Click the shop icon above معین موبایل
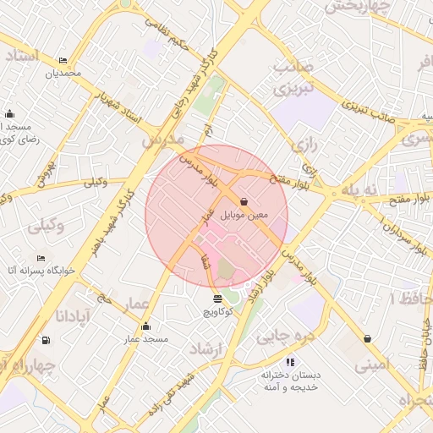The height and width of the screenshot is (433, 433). click(x=244, y=202)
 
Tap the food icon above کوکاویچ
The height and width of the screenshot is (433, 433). click(x=217, y=299)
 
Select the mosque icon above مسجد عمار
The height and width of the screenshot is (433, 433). click(x=145, y=326)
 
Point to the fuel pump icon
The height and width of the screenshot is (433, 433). click(x=45, y=341)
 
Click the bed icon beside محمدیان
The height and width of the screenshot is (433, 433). click(x=63, y=60)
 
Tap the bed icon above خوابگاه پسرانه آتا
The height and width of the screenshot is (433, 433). click(x=41, y=258)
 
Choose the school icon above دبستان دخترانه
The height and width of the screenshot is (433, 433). click(x=291, y=362)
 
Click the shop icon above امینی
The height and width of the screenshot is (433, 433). click(x=367, y=338)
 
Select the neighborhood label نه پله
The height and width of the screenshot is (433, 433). click(x=359, y=189)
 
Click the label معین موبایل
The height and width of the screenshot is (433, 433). click(x=244, y=216)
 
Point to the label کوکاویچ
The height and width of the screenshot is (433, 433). click(x=217, y=312)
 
